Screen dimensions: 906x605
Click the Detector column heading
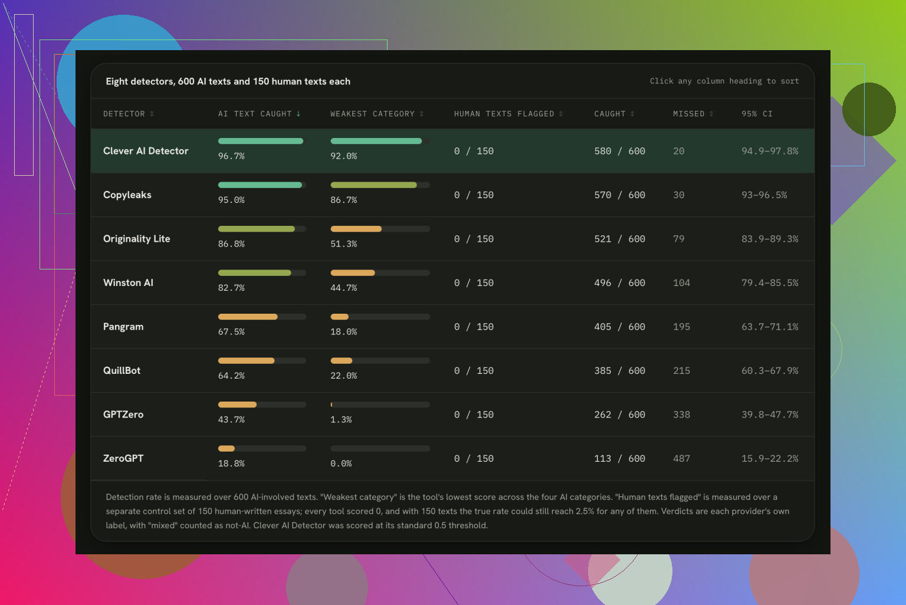[x=128, y=114]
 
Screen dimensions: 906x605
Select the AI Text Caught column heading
[x=259, y=114]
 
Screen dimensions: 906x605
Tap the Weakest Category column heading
[x=376, y=114]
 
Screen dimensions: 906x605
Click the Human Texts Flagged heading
[x=508, y=114]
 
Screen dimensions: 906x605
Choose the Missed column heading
[x=693, y=114]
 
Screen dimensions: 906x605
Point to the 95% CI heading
[x=757, y=114]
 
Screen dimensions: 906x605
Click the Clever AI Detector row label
[x=146, y=151]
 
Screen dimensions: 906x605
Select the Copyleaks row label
[x=127, y=195]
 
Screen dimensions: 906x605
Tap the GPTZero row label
[x=123, y=415]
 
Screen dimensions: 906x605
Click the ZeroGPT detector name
[x=123, y=459]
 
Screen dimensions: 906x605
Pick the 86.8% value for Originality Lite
[x=231, y=244]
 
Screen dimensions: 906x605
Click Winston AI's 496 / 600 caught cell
[x=619, y=282]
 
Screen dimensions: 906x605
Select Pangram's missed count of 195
[x=681, y=327]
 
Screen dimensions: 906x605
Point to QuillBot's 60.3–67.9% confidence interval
[x=770, y=371]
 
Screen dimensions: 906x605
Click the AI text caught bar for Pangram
[x=262, y=317]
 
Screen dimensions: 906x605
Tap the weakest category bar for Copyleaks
[x=380, y=185]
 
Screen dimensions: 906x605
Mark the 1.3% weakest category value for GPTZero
[x=341, y=419]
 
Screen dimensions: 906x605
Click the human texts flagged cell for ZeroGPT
[x=474, y=459]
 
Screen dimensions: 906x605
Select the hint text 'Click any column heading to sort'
[x=724, y=81]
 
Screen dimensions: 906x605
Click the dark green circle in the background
[x=869, y=109]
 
